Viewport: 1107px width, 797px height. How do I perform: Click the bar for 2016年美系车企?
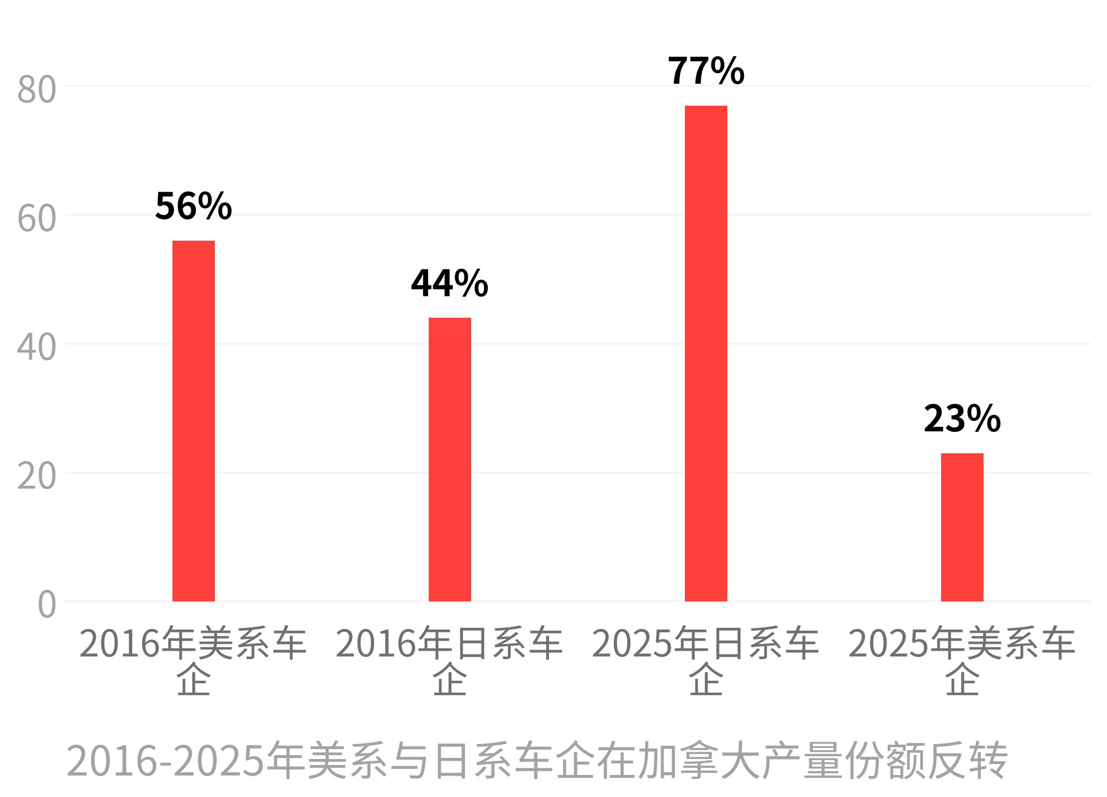tap(193, 421)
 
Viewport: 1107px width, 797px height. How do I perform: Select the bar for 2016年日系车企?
tap(450, 459)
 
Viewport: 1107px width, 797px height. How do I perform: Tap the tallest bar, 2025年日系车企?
tap(706, 354)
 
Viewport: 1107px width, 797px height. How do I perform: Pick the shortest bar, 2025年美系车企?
tap(962, 527)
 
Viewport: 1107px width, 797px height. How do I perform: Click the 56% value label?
tap(193, 206)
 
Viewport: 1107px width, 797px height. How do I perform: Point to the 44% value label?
tap(450, 283)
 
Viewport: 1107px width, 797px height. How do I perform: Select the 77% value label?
tap(706, 71)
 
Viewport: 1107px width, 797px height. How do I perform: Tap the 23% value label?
tap(962, 419)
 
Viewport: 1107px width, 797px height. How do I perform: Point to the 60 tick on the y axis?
tap(37, 218)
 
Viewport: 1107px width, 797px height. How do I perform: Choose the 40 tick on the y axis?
tap(37, 347)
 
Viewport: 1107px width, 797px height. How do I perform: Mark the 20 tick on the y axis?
tap(37, 476)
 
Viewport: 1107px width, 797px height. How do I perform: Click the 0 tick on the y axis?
tap(47, 605)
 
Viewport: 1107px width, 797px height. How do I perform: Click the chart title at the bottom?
tap(537, 761)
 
